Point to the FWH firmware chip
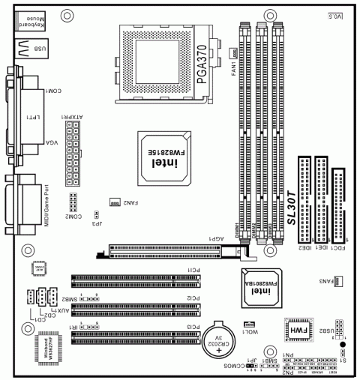(x=297, y=330)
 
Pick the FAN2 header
(x=115, y=202)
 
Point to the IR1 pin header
(x=90, y=327)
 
